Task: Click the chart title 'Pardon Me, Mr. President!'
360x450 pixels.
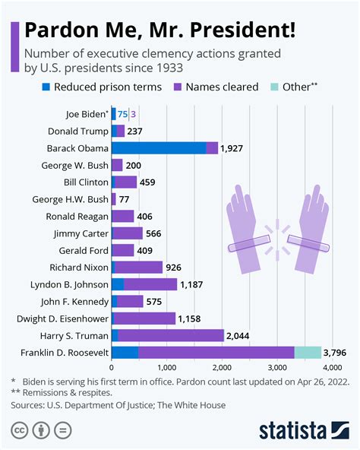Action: (x=160, y=31)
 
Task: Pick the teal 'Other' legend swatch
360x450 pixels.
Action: (x=273, y=87)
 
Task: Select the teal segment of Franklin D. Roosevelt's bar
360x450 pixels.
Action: (x=308, y=352)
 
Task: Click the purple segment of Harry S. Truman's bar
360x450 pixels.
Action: (x=171, y=335)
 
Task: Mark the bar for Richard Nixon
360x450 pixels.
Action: (x=137, y=268)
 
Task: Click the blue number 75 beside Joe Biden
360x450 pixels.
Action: (x=122, y=114)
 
